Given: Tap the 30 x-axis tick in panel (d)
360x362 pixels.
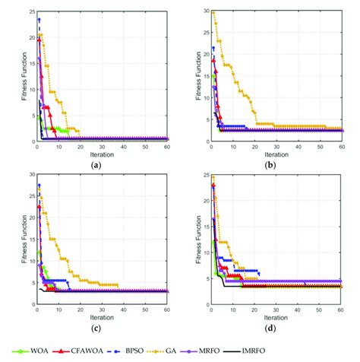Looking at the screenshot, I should click(277, 310).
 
